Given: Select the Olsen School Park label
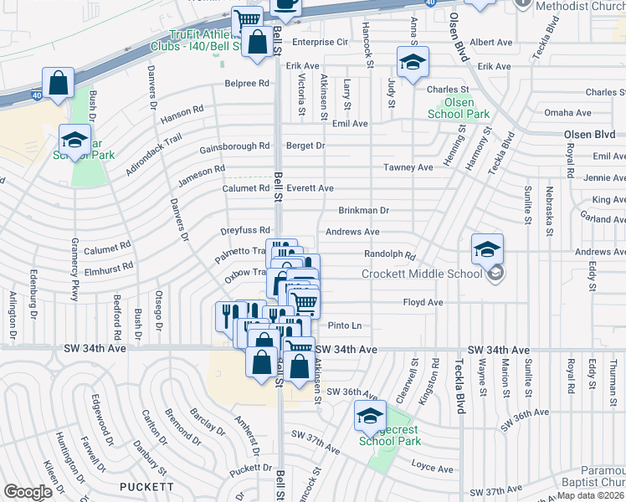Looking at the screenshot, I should pyautogui.click(x=458, y=108).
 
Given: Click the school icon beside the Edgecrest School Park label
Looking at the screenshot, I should pyautogui.click(x=370, y=416).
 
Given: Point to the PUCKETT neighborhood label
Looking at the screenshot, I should pyautogui.click(x=147, y=486).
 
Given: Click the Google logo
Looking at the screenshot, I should pyautogui.click(x=28, y=492).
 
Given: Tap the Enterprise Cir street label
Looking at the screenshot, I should pyautogui.click(x=319, y=42).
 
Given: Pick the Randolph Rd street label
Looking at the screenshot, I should pyautogui.click(x=390, y=254).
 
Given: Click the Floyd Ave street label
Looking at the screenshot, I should pyautogui.click(x=423, y=302).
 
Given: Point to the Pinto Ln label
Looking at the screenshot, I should pyautogui.click(x=344, y=325).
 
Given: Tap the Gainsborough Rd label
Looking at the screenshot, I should pyautogui.click(x=234, y=147).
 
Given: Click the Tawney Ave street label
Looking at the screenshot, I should pyautogui.click(x=408, y=167).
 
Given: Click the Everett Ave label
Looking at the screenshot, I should pyautogui.click(x=310, y=188).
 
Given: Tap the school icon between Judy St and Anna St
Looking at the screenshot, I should pyautogui.click(x=413, y=64).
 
